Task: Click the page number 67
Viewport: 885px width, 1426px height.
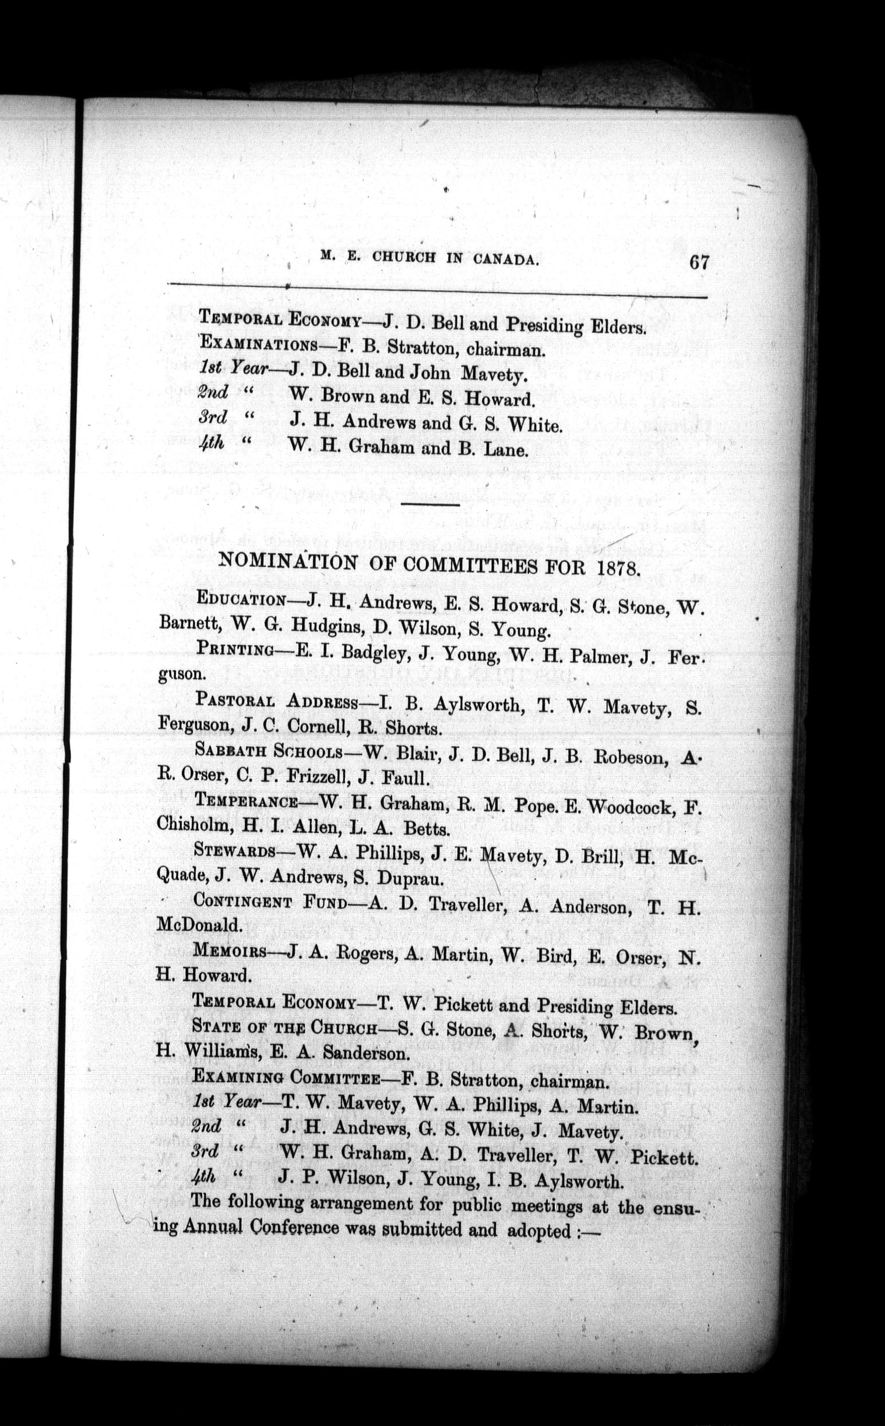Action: click(x=699, y=261)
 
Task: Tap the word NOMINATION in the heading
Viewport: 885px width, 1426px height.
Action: click(x=286, y=562)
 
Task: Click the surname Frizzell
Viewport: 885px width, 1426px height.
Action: click(x=323, y=778)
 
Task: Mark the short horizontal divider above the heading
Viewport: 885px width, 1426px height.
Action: click(x=431, y=503)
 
